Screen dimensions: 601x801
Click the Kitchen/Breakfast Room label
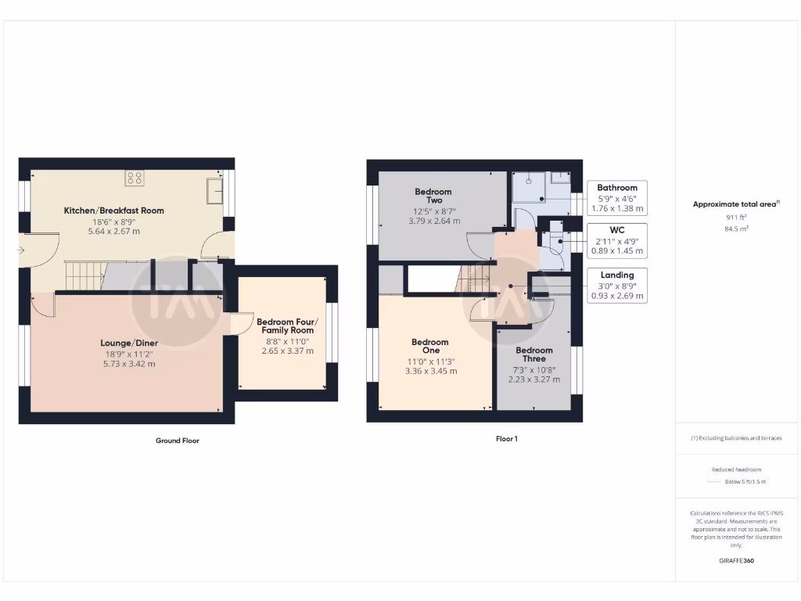pyautogui.click(x=114, y=211)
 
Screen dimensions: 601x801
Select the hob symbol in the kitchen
pyautogui.click(x=134, y=178)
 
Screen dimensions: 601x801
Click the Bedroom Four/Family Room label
pyautogui.click(x=287, y=326)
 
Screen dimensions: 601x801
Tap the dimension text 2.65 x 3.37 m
pyautogui.click(x=287, y=351)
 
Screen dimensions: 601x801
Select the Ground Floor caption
pyautogui.click(x=177, y=441)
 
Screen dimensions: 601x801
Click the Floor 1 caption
pyautogui.click(x=506, y=439)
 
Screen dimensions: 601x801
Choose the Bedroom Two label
pyautogui.click(x=433, y=196)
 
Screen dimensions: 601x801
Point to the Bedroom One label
pyautogui.click(x=430, y=346)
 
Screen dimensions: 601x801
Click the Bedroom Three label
pyautogui.click(x=534, y=354)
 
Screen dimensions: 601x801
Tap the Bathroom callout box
pyautogui.click(x=617, y=198)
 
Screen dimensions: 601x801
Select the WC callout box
pyautogui.click(x=617, y=241)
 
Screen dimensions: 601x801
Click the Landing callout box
pyautogui.click(x=617, y=286)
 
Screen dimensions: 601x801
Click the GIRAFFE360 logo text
pyautogui.click(x=735, y=561)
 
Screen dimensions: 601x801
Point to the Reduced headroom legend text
pyautogui.click(x=735, y=470)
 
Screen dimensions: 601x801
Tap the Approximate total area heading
pyautogui.click(x=735, y=204)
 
